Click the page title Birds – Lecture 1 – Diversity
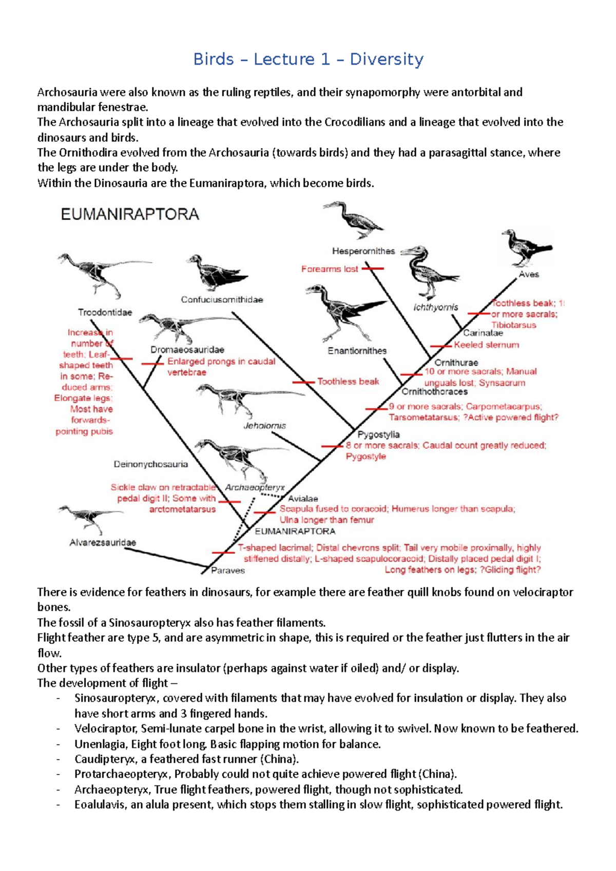(x=308, y=60)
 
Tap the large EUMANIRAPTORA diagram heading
(x=130, y=214)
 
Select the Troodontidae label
(x=105, y=312)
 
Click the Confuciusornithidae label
(x=222, y=300)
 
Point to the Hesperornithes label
(x=363, y=251)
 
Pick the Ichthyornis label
(x=435, y=307)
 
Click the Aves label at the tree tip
(x=529, y=274)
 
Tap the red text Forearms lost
(x=330, y=269)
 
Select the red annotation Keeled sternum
(x=486, y=345)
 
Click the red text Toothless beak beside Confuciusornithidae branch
(x=348, y=382)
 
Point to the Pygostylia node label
(x=378, y=434)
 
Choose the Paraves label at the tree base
(x=228, y=570)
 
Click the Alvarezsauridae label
(x=103, y=543)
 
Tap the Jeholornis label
(x=264, y=426)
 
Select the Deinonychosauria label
(x=150, y=464)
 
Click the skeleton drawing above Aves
(x=525, y=248)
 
